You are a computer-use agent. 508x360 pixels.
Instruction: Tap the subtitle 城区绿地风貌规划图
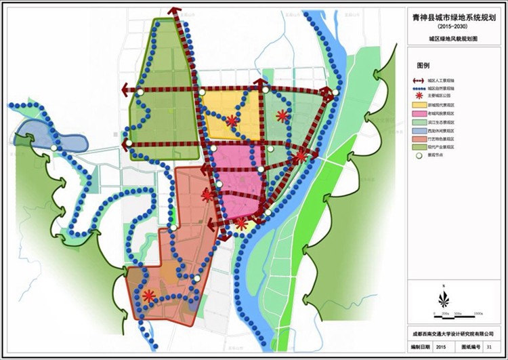(x=457, y=40)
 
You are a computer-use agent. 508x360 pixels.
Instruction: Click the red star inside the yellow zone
(x=232, y=121)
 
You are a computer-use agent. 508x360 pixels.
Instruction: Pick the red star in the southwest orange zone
(x=149, y=296)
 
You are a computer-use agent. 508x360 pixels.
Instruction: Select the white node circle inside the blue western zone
(x=54, y=147)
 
